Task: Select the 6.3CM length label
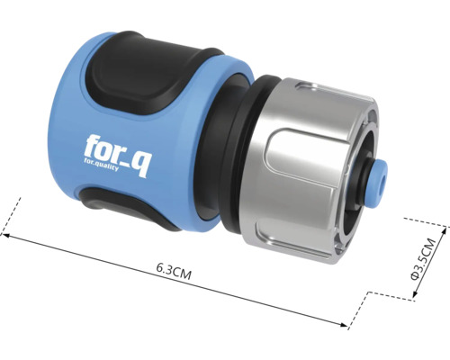[x=174, y=267]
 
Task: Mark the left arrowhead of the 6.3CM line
[x=6, y=237]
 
